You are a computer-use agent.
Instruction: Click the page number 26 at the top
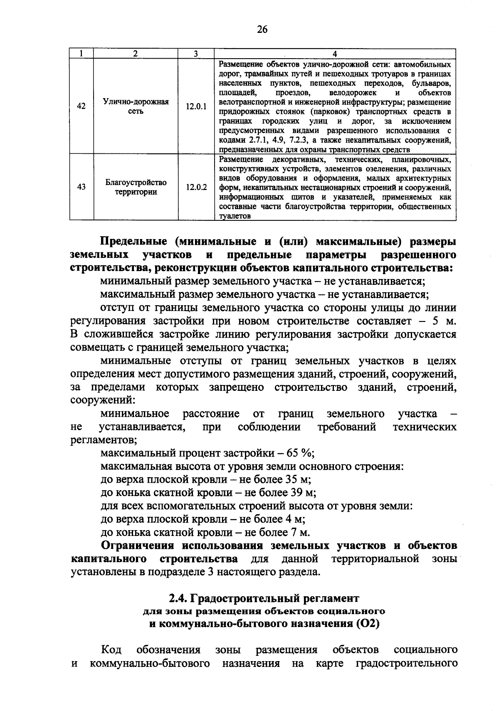(x=262, y=29)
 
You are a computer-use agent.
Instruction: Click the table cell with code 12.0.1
(x=196, y=106)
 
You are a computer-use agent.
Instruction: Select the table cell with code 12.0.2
(x=196, y=187)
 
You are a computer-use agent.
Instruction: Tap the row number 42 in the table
(x=82, y=106)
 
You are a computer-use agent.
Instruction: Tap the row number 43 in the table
(x=82, y=187)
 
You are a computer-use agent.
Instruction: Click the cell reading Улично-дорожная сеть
(x=136, y=106)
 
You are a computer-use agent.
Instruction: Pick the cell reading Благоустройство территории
(x=136, y=187)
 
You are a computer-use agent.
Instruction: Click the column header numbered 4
(x=335, y=53)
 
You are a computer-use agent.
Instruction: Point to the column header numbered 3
(x=196, y=53)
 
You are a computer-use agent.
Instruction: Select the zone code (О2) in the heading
(x=368, y=624)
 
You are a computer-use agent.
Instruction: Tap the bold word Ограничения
(x=140, y=546)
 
